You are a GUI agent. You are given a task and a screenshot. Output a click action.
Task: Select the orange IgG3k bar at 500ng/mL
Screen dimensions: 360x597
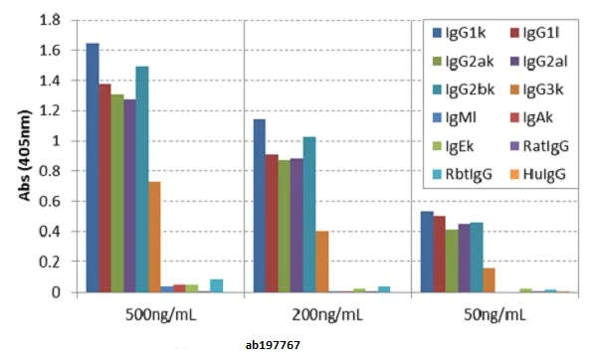154,237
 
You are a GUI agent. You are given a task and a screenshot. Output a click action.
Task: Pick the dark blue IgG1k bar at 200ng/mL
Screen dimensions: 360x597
259,205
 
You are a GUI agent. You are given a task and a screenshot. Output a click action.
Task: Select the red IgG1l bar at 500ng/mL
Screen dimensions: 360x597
104,188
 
